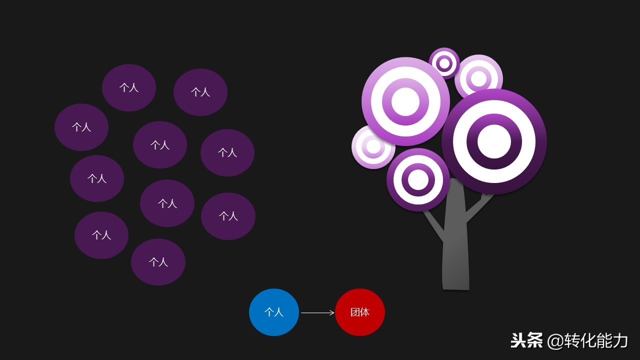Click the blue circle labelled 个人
click(274, 312)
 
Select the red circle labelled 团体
click(360, 312)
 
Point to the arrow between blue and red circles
click(317, 313)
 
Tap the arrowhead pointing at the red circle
click(332, 313)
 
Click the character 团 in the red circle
click(355, 312)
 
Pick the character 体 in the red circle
click(365, 312)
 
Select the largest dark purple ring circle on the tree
click(494, 141)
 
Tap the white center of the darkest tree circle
click(494, 141)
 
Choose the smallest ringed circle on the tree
click(444, 63)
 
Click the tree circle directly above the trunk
click(418, 179)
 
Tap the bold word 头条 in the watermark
click(526, 340)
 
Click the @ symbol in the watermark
click(555, 341)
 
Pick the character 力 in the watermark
click(619, 341)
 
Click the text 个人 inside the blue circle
click(274, 312)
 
